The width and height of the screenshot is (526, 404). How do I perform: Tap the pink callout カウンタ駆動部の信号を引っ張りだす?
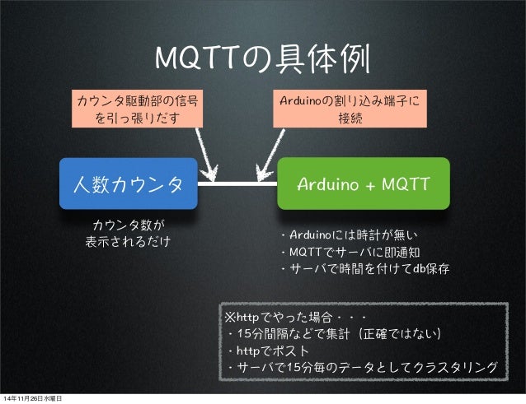point(137,110)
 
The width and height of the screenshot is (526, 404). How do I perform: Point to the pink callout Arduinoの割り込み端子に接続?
point(350,110)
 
